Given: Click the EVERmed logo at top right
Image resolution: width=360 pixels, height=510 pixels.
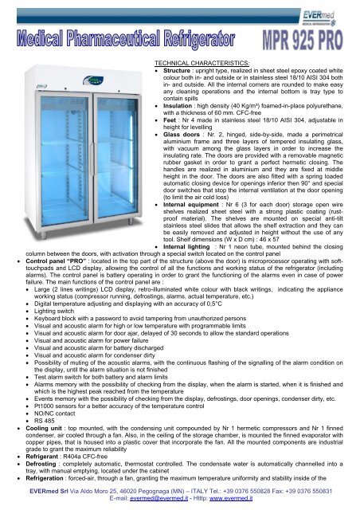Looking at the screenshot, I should point(322,11).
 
